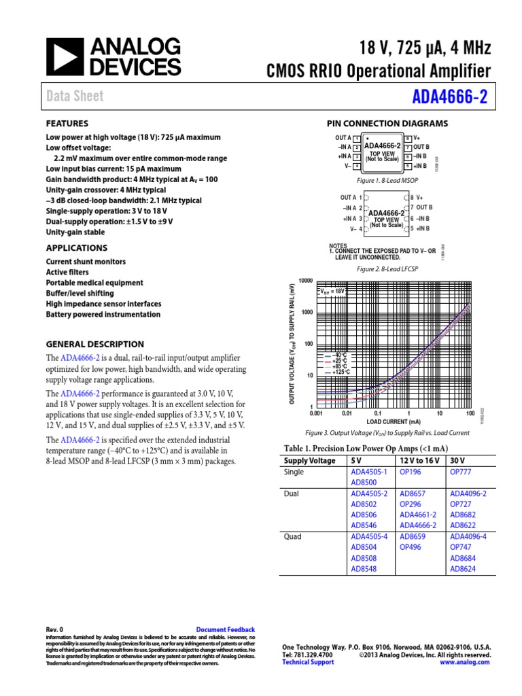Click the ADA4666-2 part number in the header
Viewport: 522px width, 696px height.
450,97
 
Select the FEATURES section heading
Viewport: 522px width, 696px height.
67,124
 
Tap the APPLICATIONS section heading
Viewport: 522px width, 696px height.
76,248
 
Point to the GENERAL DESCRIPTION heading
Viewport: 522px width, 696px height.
94,344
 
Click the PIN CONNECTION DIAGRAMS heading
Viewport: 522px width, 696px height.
387,124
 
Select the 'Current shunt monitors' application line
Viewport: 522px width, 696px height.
85,262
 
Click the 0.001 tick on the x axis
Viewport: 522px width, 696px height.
315,413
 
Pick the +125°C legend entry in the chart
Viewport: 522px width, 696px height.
339,372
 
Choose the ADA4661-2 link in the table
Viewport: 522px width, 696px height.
418,515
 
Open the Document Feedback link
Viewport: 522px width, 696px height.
225,630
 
